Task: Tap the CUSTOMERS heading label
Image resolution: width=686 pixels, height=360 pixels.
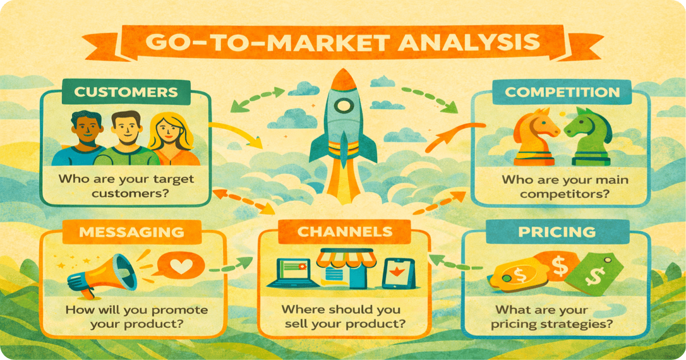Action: [x=126, y=92]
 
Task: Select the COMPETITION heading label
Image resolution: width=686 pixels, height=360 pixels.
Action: [x=562, y=92]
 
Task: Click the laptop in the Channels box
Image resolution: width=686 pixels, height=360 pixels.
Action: [x=291, y=273]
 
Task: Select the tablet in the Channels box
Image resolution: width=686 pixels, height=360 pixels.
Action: [x=397, y=273]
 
